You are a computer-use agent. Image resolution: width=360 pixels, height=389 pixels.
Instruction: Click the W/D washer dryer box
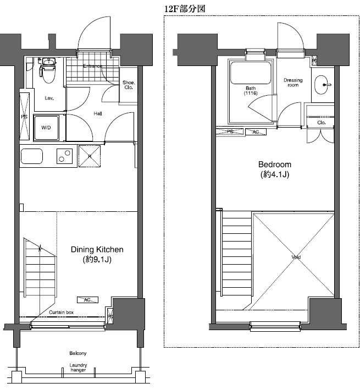click(x=47, y=127)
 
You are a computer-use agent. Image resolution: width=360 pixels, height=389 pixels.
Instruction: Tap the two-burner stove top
click(x=64, y=156)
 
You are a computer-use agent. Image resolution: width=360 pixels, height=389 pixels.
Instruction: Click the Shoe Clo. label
click(x=128, y=85)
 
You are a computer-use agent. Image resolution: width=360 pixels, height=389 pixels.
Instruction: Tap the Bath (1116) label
click(x=251, y=91)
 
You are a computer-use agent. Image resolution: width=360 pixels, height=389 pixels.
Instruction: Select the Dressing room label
click(x=293, y=83)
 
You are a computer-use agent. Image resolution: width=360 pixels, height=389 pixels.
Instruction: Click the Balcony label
click(x=77, y=353)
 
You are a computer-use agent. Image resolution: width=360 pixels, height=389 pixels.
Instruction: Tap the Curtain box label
click(x=62, y=312)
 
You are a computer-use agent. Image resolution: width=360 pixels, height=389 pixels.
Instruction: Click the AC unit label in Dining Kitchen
click(x=87, y=300)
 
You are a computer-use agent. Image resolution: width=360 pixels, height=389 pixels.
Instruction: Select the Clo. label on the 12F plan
click(x=322, y=123)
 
